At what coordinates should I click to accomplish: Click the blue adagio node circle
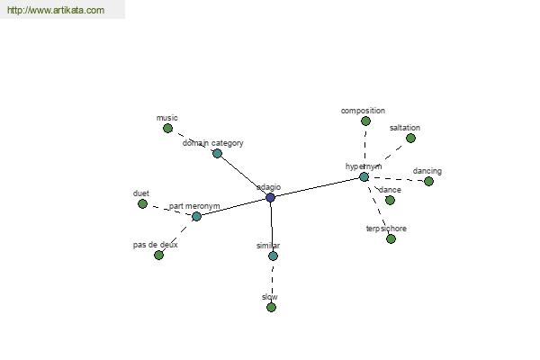pyautogui.click(x=271, y=198)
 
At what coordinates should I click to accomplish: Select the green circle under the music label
pyautogui.click(x=167, y=129)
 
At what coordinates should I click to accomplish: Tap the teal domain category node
pyautogui.click(x=217, y=154)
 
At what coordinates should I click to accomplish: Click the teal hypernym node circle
pyautogui.click(x=364, y=177)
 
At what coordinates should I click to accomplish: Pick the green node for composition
pyautogui.click(x=365, y=121)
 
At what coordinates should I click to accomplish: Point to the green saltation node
pyautogui.click(x=410, y=139)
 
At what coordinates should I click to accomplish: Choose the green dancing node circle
pyautogui.click(x=428, y=182)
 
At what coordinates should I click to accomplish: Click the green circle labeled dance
pyautogui.click(x=390, y=200)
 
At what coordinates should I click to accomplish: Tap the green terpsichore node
pyautogui.click(x=391, y=239)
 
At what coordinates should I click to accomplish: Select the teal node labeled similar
pyautogui.click(x=273, y=256)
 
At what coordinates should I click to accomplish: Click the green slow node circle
pyautogui.click(x=272, y=307)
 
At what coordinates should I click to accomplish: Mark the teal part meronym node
pyautogui.click(x=196, y=217)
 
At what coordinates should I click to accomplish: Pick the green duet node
pyautogui.click(x=142, y=204)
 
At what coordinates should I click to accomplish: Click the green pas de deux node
pyautogui.click(x=158, y=256)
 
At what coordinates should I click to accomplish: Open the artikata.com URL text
pyautogui.click(x=56, y=10)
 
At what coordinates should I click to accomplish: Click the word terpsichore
pyautogui.click(x=386, y=229)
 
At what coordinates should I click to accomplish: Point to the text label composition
pyautogui.click(x=363, y=111)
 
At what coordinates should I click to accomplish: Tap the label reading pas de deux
pyautogui.click(x=156, y=245)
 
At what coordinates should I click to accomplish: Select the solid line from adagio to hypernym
pyautogui.click(x=317, y=187)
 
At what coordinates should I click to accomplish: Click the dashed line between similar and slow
pyautogui.click(x=273, y=282)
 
